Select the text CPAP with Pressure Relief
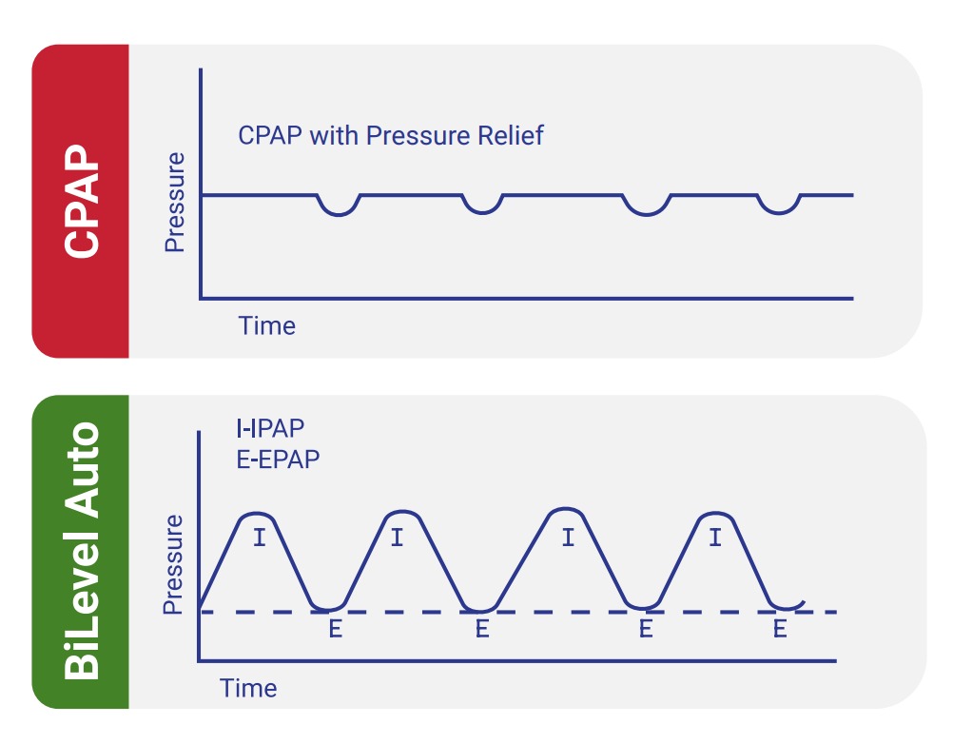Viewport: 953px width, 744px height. (390, 135)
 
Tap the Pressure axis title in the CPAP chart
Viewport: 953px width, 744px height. (174, 202)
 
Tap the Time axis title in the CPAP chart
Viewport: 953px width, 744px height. (267, 326)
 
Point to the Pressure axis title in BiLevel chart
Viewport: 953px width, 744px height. (173, 563)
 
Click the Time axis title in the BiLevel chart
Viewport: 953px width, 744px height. (248, 688)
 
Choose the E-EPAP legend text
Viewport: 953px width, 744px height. (278, 458)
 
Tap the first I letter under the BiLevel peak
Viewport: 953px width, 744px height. (258, 538)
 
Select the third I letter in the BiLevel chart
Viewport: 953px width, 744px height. (568, 538)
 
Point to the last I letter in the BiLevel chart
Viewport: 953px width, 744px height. (715, 538)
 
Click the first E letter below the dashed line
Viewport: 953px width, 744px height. (335, 629)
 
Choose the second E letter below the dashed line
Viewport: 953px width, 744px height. (482, 629)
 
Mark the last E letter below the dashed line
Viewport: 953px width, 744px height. (780, 629)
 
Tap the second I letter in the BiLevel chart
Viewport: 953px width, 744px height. (397, 538)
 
